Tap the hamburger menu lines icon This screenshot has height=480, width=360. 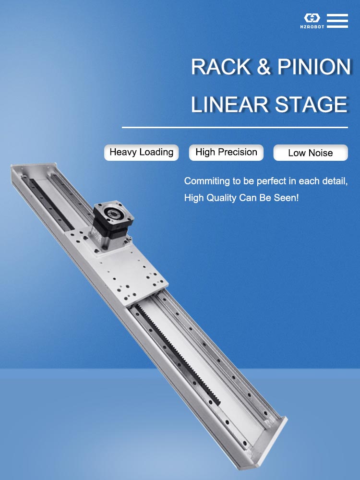[337, 21]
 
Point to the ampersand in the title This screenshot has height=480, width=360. [264, 67]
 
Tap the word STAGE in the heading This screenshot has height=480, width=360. [309, 105]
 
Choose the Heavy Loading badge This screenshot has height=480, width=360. [141, 152]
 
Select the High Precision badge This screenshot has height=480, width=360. [226, 152]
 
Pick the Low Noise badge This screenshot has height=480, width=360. [310, 153]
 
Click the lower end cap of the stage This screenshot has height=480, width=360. [269, 439]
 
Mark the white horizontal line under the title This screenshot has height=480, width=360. [235, 128]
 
